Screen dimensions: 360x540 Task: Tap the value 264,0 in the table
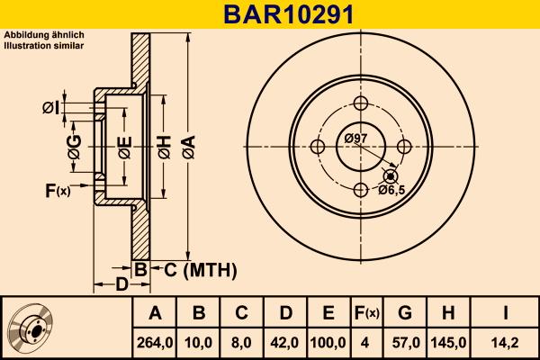pos(155,342)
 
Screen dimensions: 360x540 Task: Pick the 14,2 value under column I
pos(505,342)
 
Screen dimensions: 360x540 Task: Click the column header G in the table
pos(405,313)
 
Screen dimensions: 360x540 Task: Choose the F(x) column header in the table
pos(365,313)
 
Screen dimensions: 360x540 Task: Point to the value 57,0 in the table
pos(405,342)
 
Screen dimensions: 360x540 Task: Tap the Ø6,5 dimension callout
pos(391,190)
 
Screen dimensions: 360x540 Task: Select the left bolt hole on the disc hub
pos(317,146)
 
